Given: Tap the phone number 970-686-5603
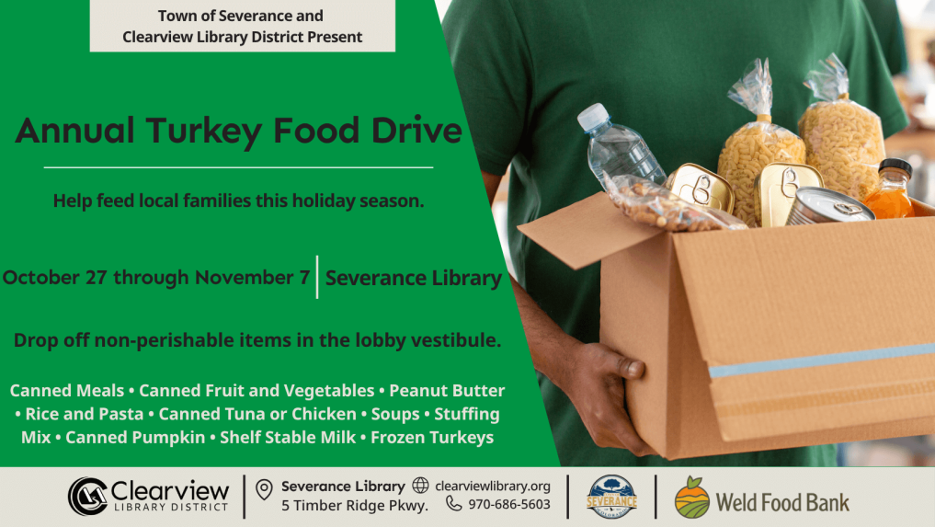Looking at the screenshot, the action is pos(509,505).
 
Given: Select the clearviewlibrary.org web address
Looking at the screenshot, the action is pos(493,487).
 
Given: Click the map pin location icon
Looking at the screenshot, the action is pos(264,489).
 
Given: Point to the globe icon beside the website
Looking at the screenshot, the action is pos(420,486).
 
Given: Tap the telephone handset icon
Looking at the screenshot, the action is pos(454,504).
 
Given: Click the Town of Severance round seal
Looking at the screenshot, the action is pos(611,497).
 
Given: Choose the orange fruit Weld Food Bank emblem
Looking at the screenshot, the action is pos(691,498).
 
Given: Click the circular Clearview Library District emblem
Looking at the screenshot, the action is pos(87,496).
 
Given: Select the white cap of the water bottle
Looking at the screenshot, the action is pos(593,117).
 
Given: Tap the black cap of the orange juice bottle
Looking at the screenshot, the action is pos(895,166).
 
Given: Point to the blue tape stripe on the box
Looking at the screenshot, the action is pos(822,360).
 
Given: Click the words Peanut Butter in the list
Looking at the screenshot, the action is pos(447,390).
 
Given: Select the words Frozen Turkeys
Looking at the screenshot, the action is pos(432,438).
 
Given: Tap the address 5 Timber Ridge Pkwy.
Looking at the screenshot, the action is pos(355,506).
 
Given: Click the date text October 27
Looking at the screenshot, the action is pos(55,278).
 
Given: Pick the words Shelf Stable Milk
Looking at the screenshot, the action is pos(288,438).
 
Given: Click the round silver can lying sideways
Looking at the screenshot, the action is pos(829,207).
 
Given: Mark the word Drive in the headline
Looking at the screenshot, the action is pos(416,131).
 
